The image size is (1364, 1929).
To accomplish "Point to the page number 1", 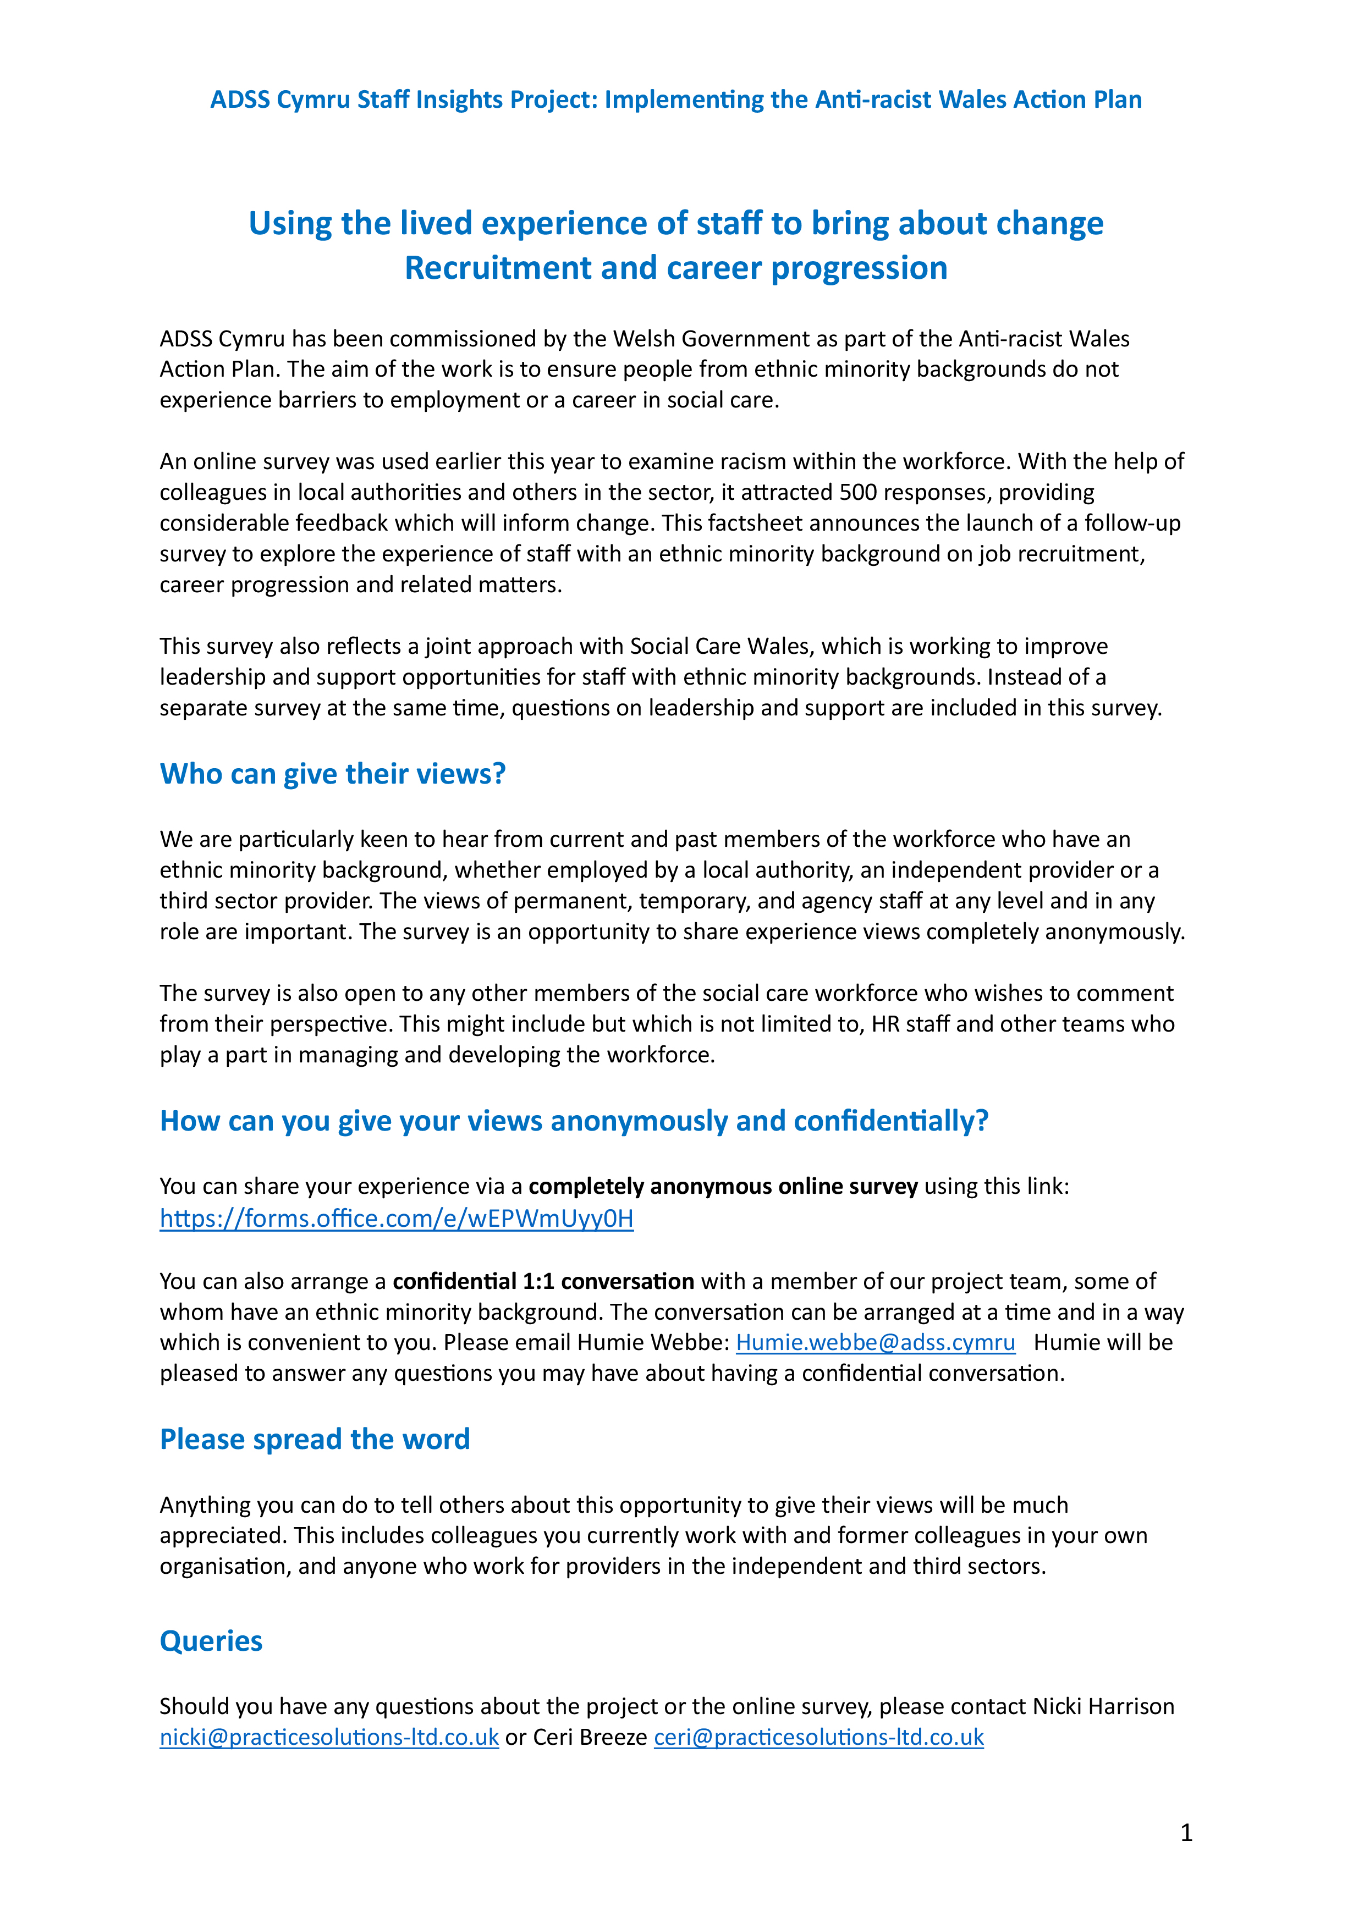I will point(1186,1832).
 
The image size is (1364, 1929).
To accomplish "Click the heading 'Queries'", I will point(211,1641).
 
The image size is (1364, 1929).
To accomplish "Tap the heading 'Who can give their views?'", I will point(333,773).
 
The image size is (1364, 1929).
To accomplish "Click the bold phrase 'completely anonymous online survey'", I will point(723,1186).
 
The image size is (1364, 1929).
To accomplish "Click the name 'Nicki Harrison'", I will point(1103,1706).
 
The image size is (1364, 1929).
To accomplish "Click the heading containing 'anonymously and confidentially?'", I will point(574,1120).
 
